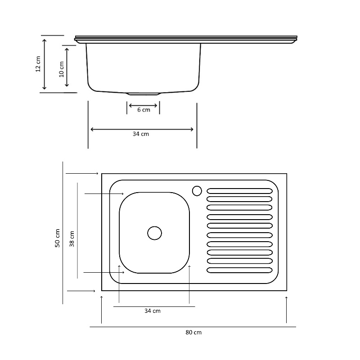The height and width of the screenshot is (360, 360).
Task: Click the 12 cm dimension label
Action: pos(38,64)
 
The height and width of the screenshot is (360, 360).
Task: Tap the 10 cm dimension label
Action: pos(61,68)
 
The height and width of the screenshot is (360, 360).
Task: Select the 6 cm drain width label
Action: pos(144,110)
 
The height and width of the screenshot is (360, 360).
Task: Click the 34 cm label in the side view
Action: pos(141,134)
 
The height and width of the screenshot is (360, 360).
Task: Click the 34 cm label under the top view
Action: pos(152,311)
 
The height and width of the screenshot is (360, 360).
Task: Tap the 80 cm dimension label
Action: pos(193,333)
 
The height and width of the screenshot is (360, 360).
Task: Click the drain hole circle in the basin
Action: pos(154,233)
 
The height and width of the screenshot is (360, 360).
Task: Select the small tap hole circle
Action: pos(197,191)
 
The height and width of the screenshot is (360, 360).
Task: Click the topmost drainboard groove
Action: pos(239,191)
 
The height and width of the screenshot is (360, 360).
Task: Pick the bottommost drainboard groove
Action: pos(239,270)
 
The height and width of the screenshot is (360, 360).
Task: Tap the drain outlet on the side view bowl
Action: pos(143,94)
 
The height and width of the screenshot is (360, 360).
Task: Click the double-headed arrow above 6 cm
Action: pos(143,106)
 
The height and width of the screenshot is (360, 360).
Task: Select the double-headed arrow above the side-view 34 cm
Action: pos(142,129)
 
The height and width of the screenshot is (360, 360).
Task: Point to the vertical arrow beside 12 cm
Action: pos(44,64)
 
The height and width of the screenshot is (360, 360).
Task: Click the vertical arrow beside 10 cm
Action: pos(67,67)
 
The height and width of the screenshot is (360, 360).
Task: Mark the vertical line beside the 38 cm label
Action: pos(77,230)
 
